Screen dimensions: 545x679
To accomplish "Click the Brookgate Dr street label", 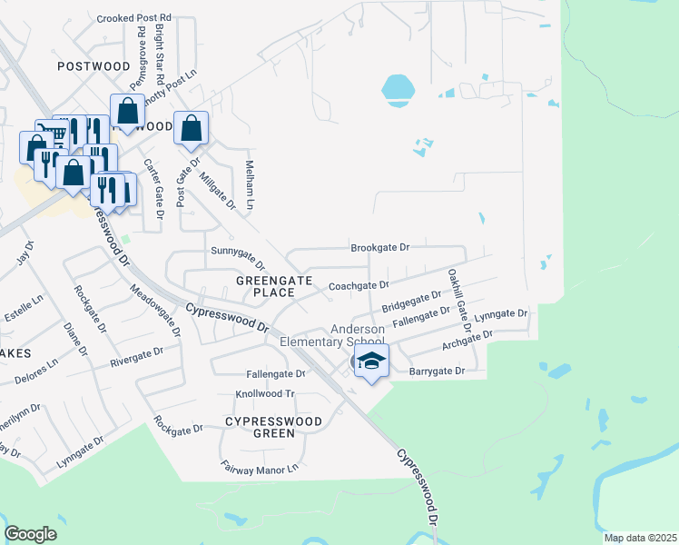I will tap(381, 247).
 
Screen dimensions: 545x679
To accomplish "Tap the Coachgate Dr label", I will tap(359, 285).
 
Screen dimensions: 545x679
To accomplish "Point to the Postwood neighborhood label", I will tap(93, 66).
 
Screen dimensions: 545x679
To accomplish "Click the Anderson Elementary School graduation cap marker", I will tap(371, 362).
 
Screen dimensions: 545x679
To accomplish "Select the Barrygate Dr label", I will tap(437, 372).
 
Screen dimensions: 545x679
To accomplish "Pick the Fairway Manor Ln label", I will tap(260, 469).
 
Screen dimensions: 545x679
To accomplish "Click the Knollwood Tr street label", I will tap(266, 394).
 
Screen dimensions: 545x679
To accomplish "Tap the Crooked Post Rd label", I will tap(133, 18).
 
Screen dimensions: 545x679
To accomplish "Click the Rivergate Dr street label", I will tap(136, 356).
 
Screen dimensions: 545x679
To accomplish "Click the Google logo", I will tap(30, 534).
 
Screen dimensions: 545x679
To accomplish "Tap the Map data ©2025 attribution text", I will tap(639, 538).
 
